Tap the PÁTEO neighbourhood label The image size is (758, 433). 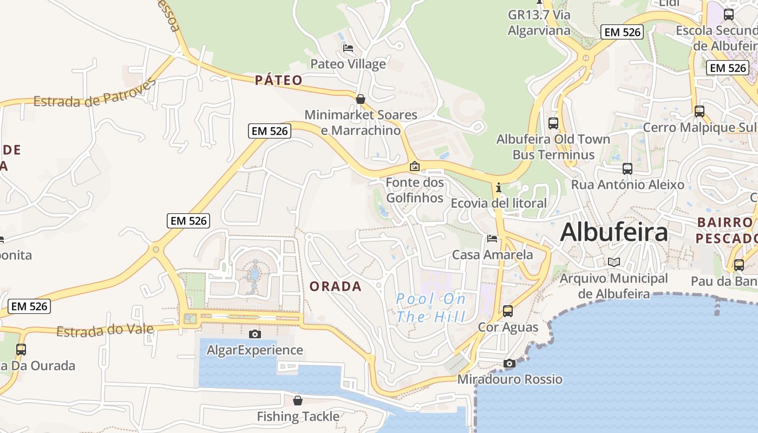[x=279, y=81]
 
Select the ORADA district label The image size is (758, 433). [x=336, y=286]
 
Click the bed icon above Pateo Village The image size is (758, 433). [x=348, y=48]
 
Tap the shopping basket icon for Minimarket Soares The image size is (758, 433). [x=361, y=99]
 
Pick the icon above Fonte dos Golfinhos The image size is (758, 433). [x=415, y=166]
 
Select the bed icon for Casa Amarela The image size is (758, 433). [x=492, y=238]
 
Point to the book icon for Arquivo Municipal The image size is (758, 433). [x=613, y=262]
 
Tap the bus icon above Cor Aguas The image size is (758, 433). [x=508, y=311]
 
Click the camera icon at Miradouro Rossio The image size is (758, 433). [x=509, y=363]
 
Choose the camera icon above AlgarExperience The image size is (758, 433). [x=254, y=334]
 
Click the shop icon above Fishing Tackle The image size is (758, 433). [x=298, y=401]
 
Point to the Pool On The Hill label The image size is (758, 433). [x=431, y=307]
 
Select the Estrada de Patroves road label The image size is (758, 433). [x=95, y=94]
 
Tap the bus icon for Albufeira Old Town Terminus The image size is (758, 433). [x=553, y=123]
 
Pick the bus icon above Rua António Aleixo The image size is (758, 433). [x=628, y=168]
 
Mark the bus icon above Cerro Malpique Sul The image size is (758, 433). [x=700, y=111]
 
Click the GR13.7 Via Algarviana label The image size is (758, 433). [x=539, y=23]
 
